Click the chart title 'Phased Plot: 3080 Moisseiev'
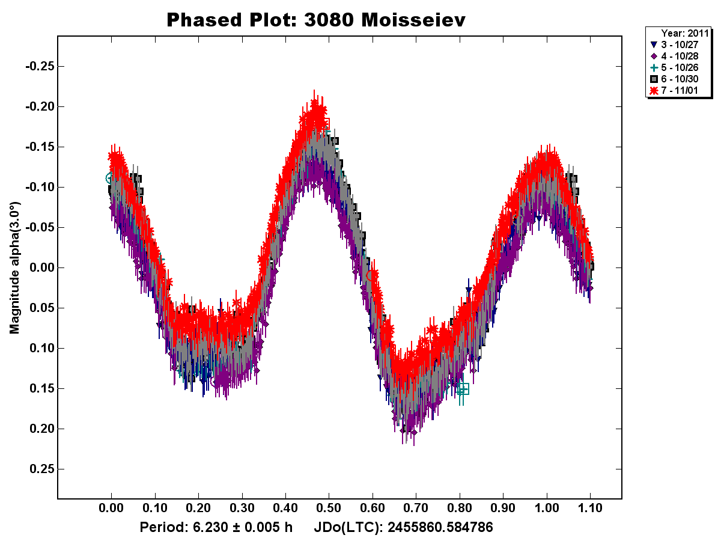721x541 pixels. pyautogui.click(x=316, y=20)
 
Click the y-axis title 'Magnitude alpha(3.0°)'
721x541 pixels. pyautogui.click(x=14, y=268)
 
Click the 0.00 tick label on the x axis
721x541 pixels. pyautogui.click(x=111, y=509)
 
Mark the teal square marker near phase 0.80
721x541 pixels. pyautogui.click(x=463, y=389)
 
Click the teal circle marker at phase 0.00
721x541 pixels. pyautogui.click(x=110, y=178)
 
